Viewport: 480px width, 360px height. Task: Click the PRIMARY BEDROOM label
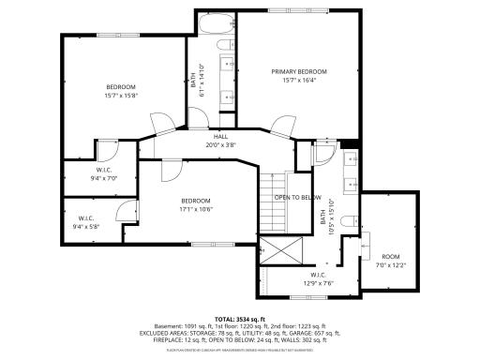[x=299, y=71]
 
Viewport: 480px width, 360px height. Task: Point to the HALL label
[x=220, y=137]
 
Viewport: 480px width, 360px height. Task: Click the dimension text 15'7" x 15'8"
[x=121, y=95]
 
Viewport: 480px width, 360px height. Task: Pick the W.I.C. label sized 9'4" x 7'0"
[x=104, y=170]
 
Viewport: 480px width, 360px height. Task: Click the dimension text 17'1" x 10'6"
[x=195, y=208]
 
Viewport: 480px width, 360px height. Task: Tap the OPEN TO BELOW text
[x=298, y=198]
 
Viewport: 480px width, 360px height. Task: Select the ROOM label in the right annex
[x=390, y=256]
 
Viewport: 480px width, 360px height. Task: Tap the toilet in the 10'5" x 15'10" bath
[x=348, y=222]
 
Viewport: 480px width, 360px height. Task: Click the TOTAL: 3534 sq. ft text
[x=240, y=319]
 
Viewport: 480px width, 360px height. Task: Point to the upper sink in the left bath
[x=228, y=65]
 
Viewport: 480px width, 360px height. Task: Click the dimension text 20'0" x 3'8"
[x=220, y=145]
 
